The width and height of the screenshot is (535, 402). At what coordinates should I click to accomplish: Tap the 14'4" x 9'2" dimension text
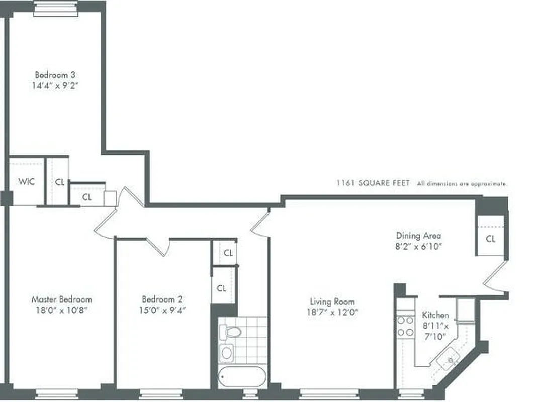(55, 85)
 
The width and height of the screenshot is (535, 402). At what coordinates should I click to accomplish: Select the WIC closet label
(27, 182)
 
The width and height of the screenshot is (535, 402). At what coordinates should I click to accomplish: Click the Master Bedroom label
(62, 299)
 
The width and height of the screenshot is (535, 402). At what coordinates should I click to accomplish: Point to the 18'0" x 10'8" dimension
(62, 310)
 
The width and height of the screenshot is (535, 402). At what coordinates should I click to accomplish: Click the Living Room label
(332, 302)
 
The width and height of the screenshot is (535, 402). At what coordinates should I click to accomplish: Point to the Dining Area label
(418, 236)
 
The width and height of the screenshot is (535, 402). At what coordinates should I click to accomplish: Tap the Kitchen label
(435, 315)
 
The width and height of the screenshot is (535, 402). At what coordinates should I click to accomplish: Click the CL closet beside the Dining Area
(491, 239)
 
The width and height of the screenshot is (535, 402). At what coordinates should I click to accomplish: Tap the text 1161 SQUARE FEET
(373, 184)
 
